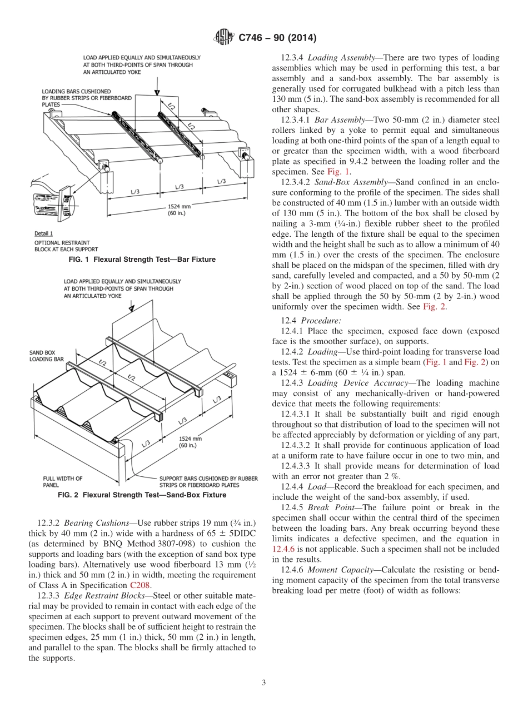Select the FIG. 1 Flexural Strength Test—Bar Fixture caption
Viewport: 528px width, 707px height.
pyautogui.click(x=142, y=260)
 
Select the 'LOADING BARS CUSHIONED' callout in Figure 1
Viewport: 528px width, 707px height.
pyautogui.click(x=76, y=91)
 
